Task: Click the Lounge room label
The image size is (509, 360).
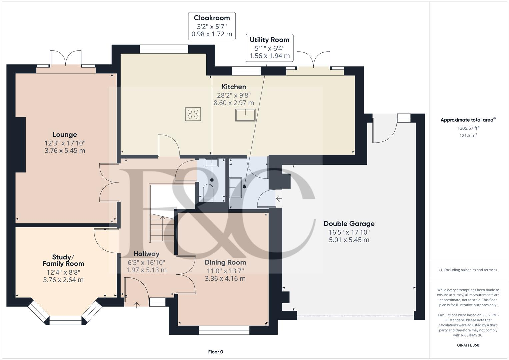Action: [x=65, y=135]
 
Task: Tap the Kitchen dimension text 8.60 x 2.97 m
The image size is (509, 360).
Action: [x=234, y=103]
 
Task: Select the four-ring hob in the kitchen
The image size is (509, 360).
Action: [x=193, y=114]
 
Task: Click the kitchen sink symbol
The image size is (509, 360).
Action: [x=245, y=115]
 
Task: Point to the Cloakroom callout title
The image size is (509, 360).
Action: [x=212, y=18]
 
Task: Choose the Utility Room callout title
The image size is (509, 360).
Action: [x=269, y=40]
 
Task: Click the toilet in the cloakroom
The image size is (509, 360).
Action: [x=208, y=193]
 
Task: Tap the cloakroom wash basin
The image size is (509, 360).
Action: [x=212, y=163]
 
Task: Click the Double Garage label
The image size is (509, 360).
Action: [x=349, y=224]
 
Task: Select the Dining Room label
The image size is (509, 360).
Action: [x=225, y=262]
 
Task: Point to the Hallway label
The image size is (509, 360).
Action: [x=146, y=254]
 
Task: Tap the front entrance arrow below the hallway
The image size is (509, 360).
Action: [x=136, y=305]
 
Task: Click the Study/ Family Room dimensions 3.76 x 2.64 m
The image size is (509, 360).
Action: [x=63, y=280]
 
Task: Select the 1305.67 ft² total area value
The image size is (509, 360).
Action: [x=468, y=128]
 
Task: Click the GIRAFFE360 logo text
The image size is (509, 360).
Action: [x=468, y=345]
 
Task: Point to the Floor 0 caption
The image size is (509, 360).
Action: [x=216, y=352]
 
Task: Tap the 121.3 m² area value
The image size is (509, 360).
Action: [x=468, y=135]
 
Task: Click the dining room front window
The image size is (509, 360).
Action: [x=224, y=330]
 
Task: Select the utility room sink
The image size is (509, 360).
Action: [x=235, y=188]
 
